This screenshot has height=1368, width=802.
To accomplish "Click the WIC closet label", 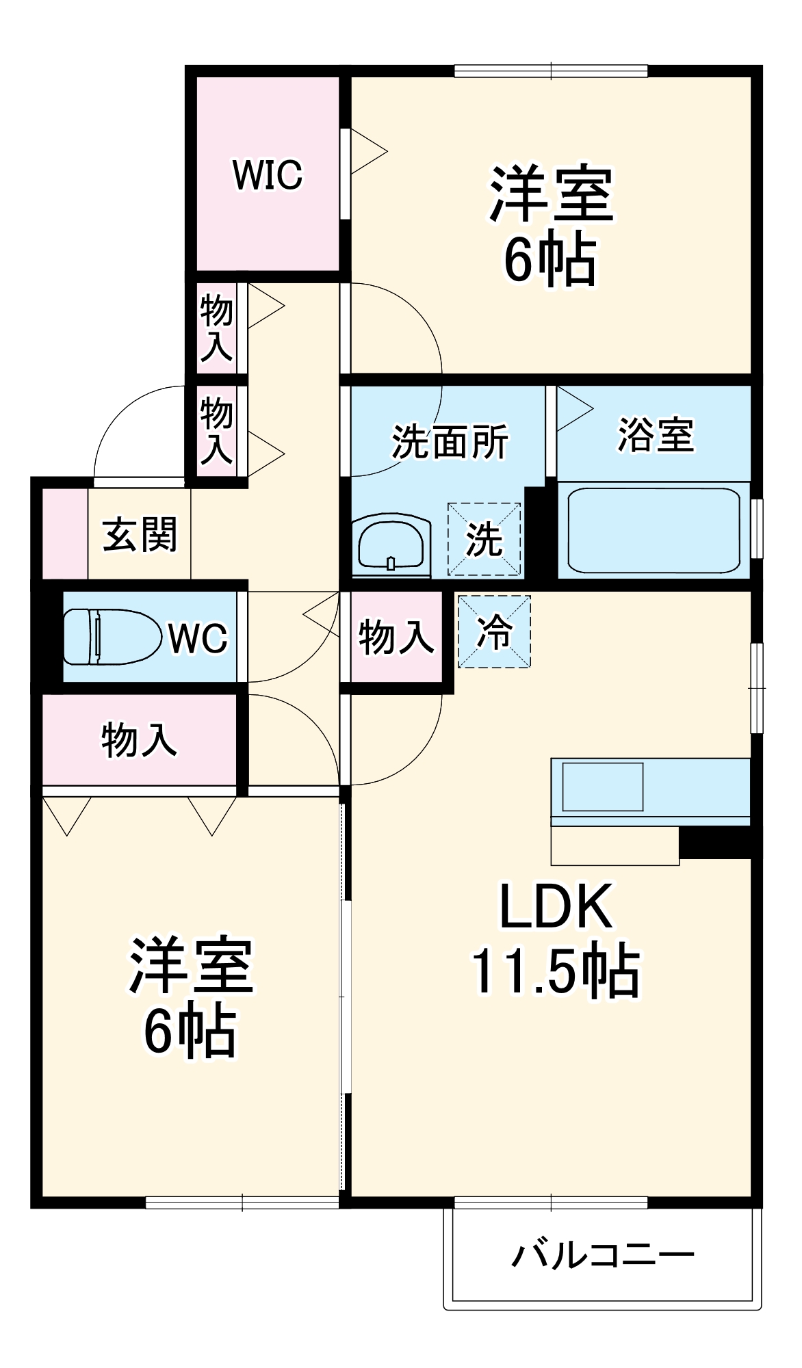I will pyautogui.click(x=268, y=175).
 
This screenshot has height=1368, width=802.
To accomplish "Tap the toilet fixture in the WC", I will pyautogui.click(x=109, y=637).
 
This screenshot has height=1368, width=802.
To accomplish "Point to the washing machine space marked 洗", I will pyautogui.click(x=484, y=539).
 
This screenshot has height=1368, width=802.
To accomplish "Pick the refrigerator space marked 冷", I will pyautogui.click(x=494, y=631).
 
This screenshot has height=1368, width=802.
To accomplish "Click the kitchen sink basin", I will pyautogui.click(x=602, y=787).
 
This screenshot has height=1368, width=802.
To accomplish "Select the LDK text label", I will pyautogui.click(x=556, y=907).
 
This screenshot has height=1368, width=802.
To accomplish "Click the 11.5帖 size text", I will pyautogui.click(x=556, y=971).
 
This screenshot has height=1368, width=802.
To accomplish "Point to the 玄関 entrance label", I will pyautogui.click(x=140, y=534).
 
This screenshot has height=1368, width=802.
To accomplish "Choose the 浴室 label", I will pyautogui.click(x=656, y=434).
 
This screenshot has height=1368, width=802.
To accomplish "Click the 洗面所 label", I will pyautogui.click(x=450, y=442).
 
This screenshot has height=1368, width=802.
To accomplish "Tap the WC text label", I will pyautogui.click(x=198, y=638).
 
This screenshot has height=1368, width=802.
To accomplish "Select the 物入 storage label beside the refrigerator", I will pyautogui.click(x=396, y=637).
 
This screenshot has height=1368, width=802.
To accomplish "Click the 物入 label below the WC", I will pyautogui.click(x=139, y=739).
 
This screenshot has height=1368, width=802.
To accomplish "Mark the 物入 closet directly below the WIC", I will pyautogui.click(x=216, y=329).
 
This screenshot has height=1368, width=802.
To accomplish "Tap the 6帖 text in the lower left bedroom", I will pyautogui.click(x=190, y=1031).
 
